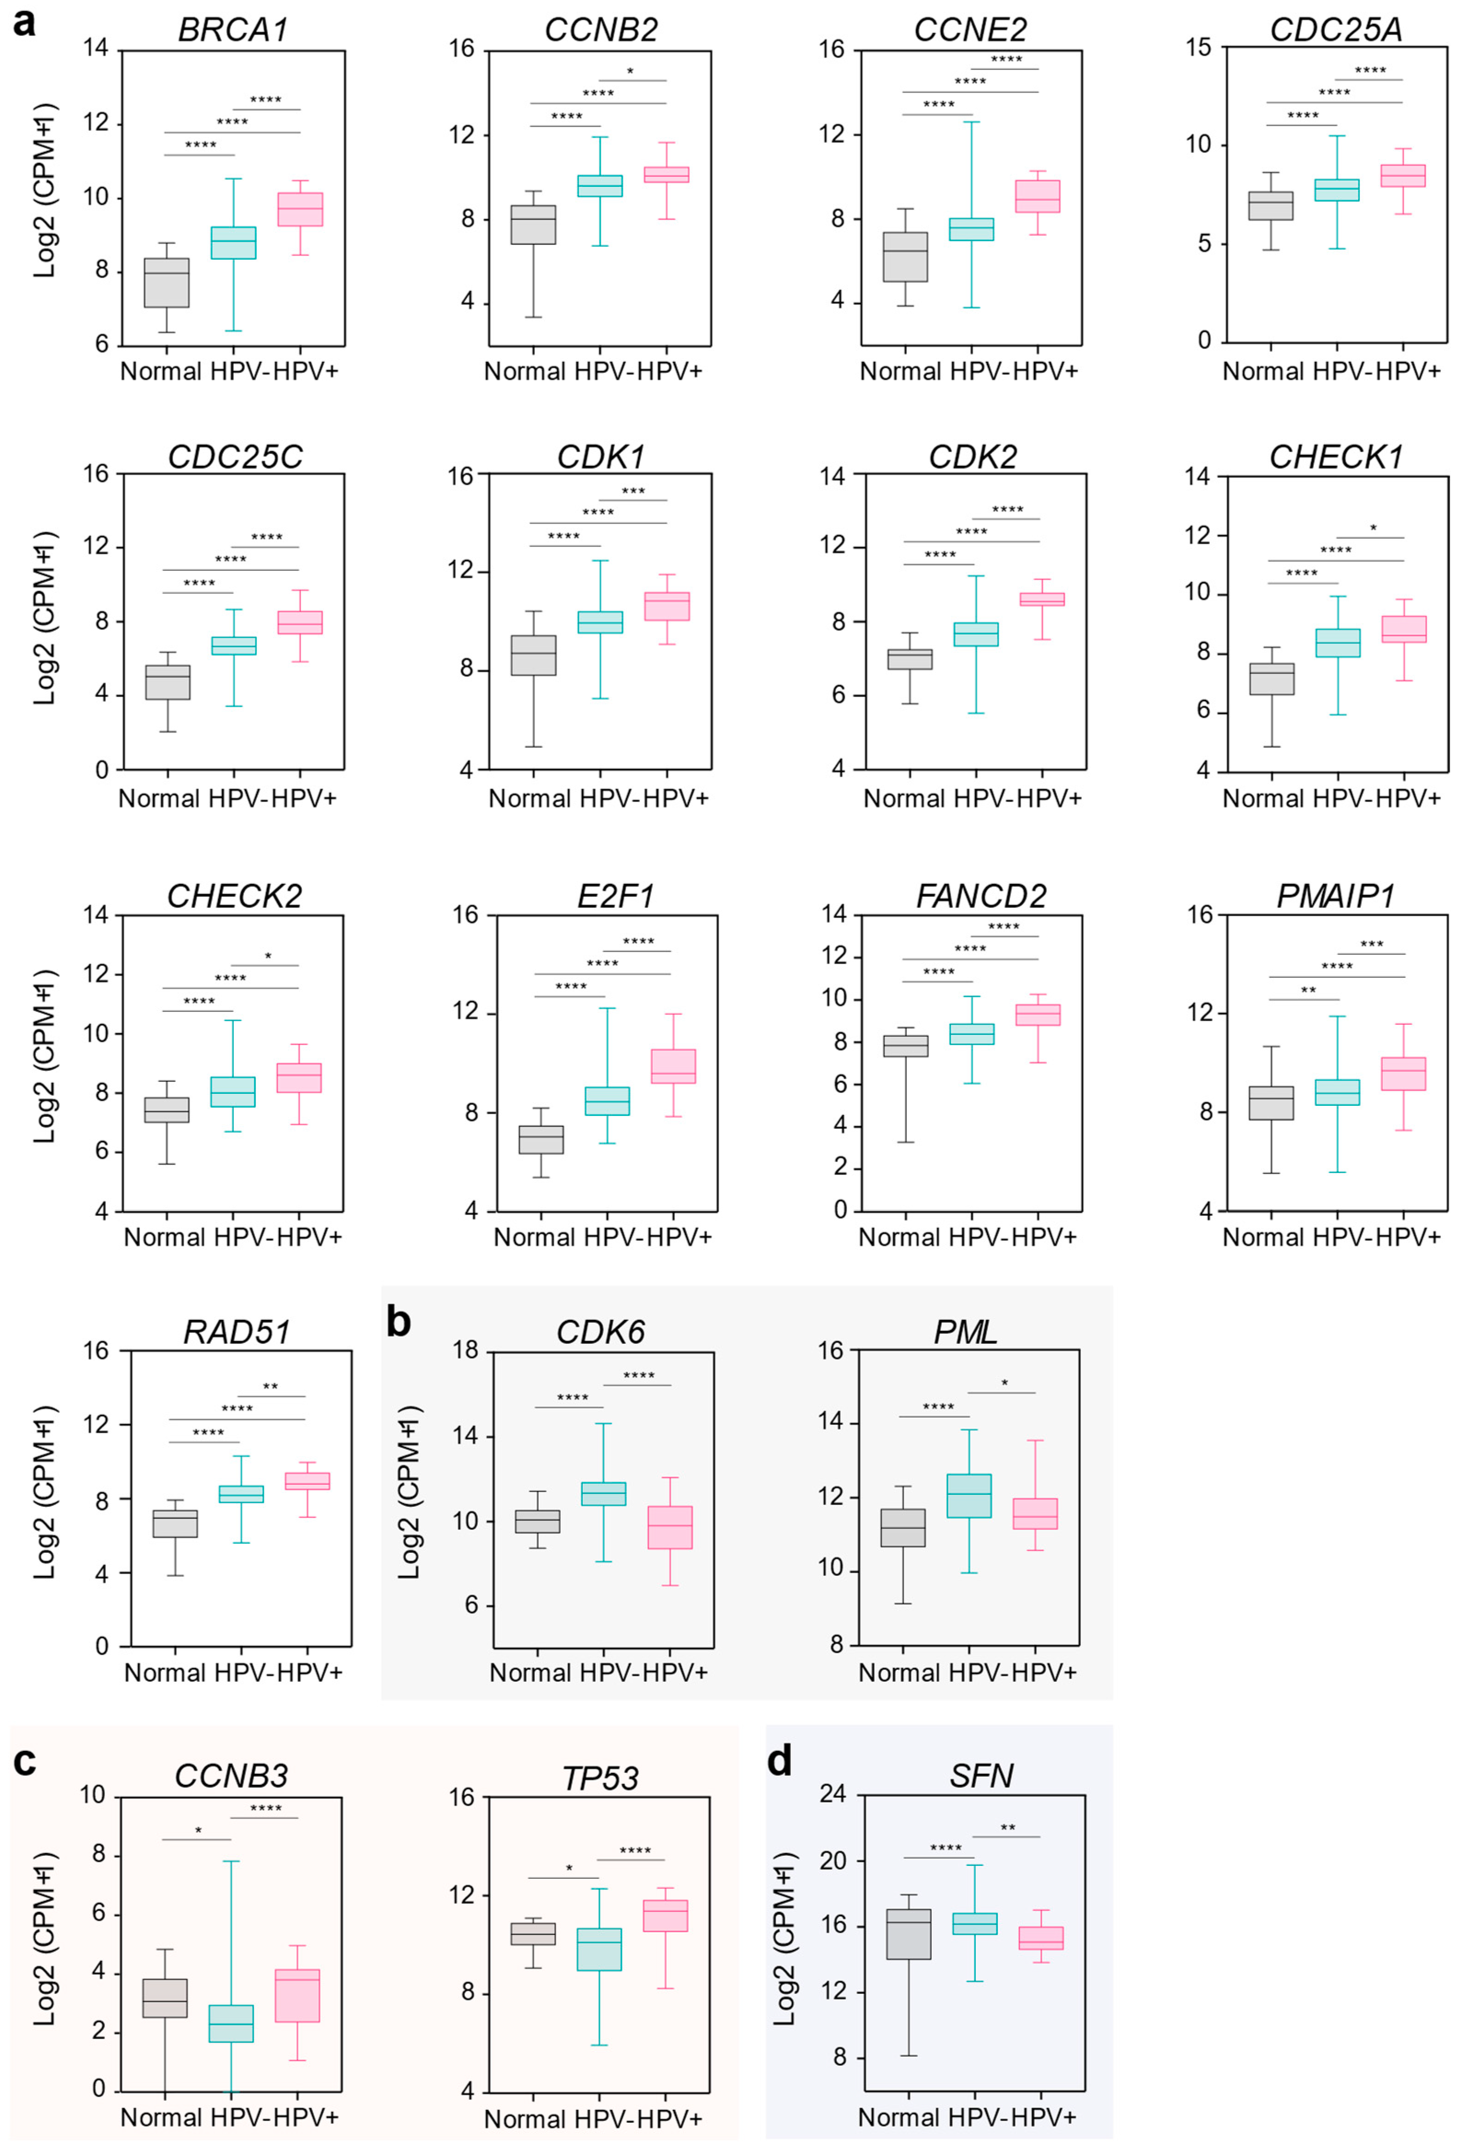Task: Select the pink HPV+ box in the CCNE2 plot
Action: (x=1038, y=196)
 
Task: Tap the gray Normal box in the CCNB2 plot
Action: (x=534, y=225)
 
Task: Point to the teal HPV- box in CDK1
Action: (x=600, y=622)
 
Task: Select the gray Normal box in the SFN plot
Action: (x=908, y=1934)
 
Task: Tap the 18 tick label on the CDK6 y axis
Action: (x=466, y=1351)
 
